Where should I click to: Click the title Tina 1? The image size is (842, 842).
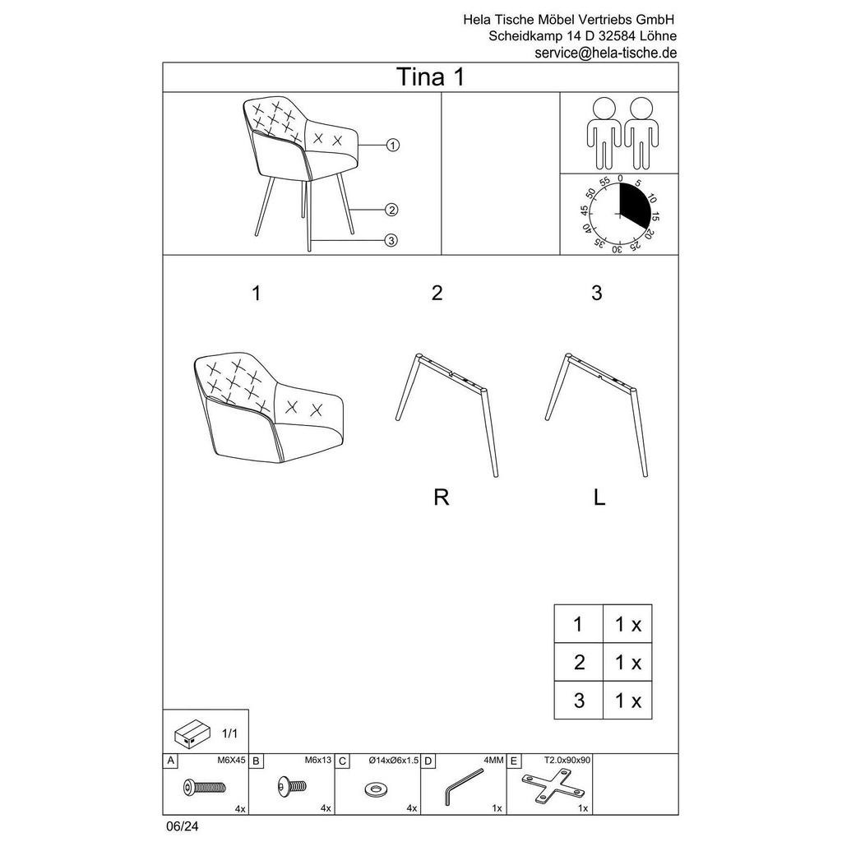tap(433, 77)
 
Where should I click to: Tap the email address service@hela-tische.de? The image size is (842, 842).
tap(606, 53)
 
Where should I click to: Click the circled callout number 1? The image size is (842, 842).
tap(392, 146)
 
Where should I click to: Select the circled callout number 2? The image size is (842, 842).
tap(391, 210)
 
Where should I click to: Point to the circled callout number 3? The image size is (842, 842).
tap(391, 240)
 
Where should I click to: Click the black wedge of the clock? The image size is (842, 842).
tap(636, 203)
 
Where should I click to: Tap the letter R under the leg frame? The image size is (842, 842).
tap(442, 497)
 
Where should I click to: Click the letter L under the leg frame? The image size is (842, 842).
tap(599, 497)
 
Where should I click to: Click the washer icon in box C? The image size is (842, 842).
tap(378, 789)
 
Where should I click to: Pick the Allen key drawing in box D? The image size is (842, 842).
tap(464, 787)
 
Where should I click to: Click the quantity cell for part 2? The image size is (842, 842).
tap(627, 662)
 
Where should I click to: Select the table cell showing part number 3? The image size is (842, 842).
tap(579, 701)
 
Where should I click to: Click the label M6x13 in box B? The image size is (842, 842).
tap(317, 761)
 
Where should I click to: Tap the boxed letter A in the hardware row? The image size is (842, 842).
tap(170, 761)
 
